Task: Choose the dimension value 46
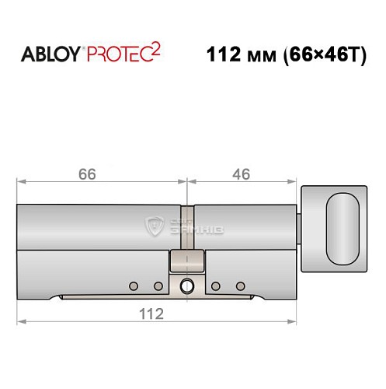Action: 241,175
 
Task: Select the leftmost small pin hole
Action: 133,285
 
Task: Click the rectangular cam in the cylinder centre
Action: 186,261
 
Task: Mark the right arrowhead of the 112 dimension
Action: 295,321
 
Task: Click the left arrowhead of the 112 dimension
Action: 20,321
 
